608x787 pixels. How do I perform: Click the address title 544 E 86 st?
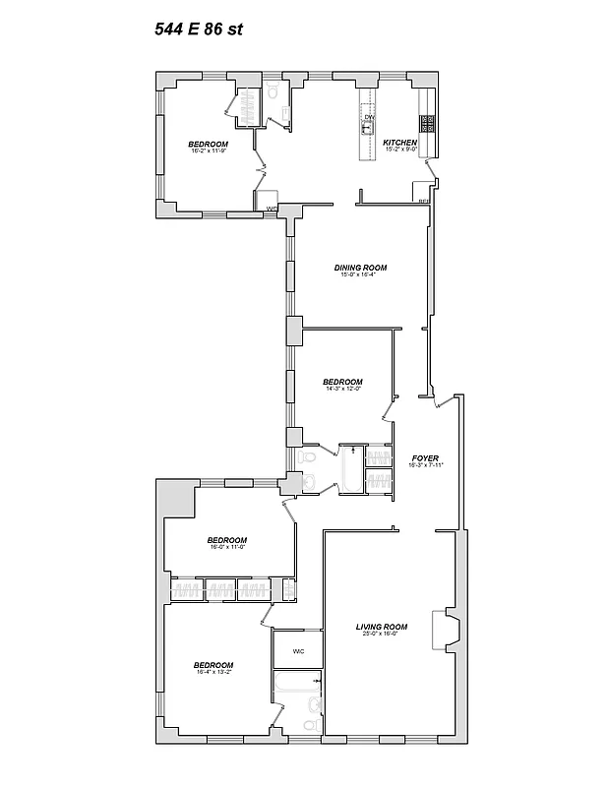(198, 29)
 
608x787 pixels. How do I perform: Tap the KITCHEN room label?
(400, 143)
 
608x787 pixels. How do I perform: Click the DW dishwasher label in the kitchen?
(369, 118)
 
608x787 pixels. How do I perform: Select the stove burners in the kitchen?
(427, 123)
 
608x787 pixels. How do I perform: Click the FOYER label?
(424, 458)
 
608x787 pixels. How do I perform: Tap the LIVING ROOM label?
(382, 626)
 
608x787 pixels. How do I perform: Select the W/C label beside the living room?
(298, 650)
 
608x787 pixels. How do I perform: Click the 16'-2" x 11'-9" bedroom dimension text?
(209, 151)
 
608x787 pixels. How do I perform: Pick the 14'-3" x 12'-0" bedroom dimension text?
(342, 389)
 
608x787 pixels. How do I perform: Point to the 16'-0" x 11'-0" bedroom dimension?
(226, 547)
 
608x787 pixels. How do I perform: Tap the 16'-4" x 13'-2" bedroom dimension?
(213, 672)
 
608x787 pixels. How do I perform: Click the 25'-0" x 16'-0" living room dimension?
(382, 634)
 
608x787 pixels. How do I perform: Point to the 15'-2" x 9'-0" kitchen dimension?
(400, 151)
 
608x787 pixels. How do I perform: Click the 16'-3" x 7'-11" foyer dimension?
(424, 465)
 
